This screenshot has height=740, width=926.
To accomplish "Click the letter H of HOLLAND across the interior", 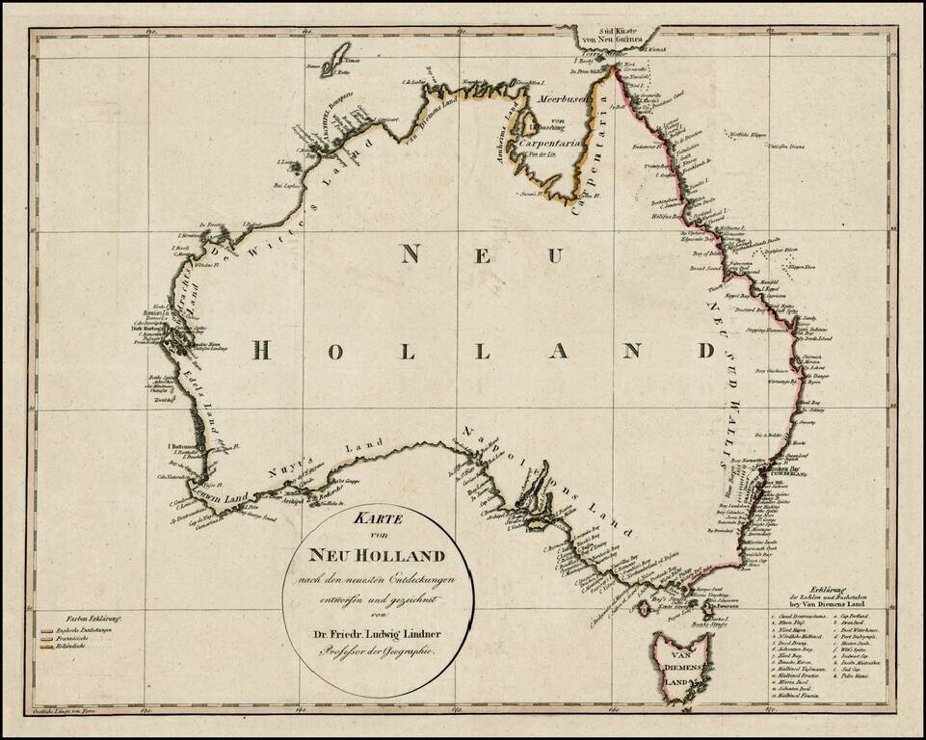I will click(261, 352).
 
